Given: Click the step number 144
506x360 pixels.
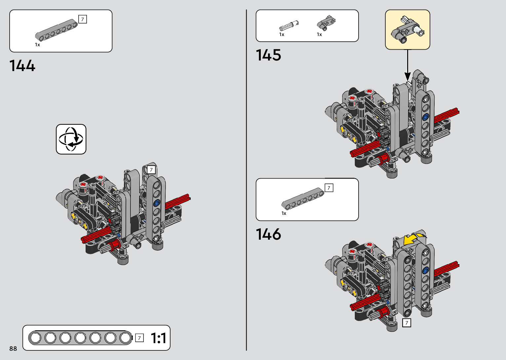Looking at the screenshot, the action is pos(22,65).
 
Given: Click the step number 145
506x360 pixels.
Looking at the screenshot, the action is pos(268,55).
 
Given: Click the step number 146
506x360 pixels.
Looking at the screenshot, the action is pos(268,234).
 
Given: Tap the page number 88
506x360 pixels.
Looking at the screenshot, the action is pos(13,348).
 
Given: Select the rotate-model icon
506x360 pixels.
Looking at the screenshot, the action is pos(71,139).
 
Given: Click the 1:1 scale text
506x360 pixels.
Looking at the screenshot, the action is pos(159,338).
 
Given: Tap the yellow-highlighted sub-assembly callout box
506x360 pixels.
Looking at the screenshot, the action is pos(408,29).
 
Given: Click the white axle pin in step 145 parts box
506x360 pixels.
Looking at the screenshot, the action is pos(289,25).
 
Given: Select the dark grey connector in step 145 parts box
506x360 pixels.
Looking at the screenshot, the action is pos(326,22).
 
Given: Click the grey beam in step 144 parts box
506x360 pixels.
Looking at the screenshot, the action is pos(57,30).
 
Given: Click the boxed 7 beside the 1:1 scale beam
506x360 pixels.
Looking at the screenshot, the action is pos(139,338).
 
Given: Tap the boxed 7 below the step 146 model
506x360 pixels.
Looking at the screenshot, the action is pos(407,323).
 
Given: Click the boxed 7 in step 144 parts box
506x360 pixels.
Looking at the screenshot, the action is pos(83,20).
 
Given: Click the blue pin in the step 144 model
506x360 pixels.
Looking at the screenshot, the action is pos(157,202).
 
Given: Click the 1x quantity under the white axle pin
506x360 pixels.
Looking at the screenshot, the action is pos(282,34).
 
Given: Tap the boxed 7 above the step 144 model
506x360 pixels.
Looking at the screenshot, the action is pos(151,170).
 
